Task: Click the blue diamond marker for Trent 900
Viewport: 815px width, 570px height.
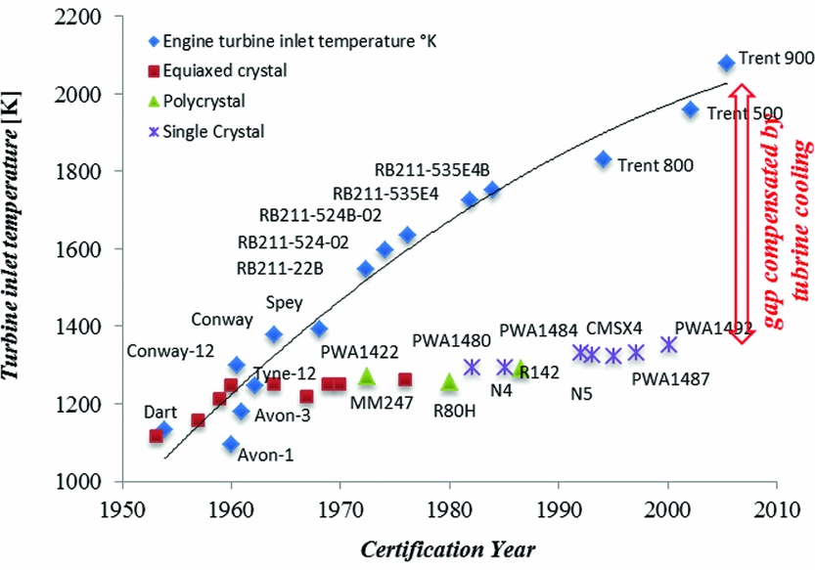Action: click(x=726, y=63)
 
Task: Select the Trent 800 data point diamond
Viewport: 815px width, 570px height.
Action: click(x=603, y=159)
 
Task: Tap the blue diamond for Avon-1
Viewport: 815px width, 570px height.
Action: click(x=231, y=445)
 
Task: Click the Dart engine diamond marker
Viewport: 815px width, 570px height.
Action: click(x=163, y=429)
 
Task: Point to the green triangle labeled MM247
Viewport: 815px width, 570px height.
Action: click(x=367, y=376)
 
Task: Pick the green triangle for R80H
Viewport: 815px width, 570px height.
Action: click(x=449, y=381)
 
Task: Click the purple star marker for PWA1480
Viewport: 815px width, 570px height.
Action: click(x=472, y=367)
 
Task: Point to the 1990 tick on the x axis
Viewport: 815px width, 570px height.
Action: click(x=559, y=508)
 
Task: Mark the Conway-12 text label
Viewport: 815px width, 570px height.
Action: click(x=170, y=351)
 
